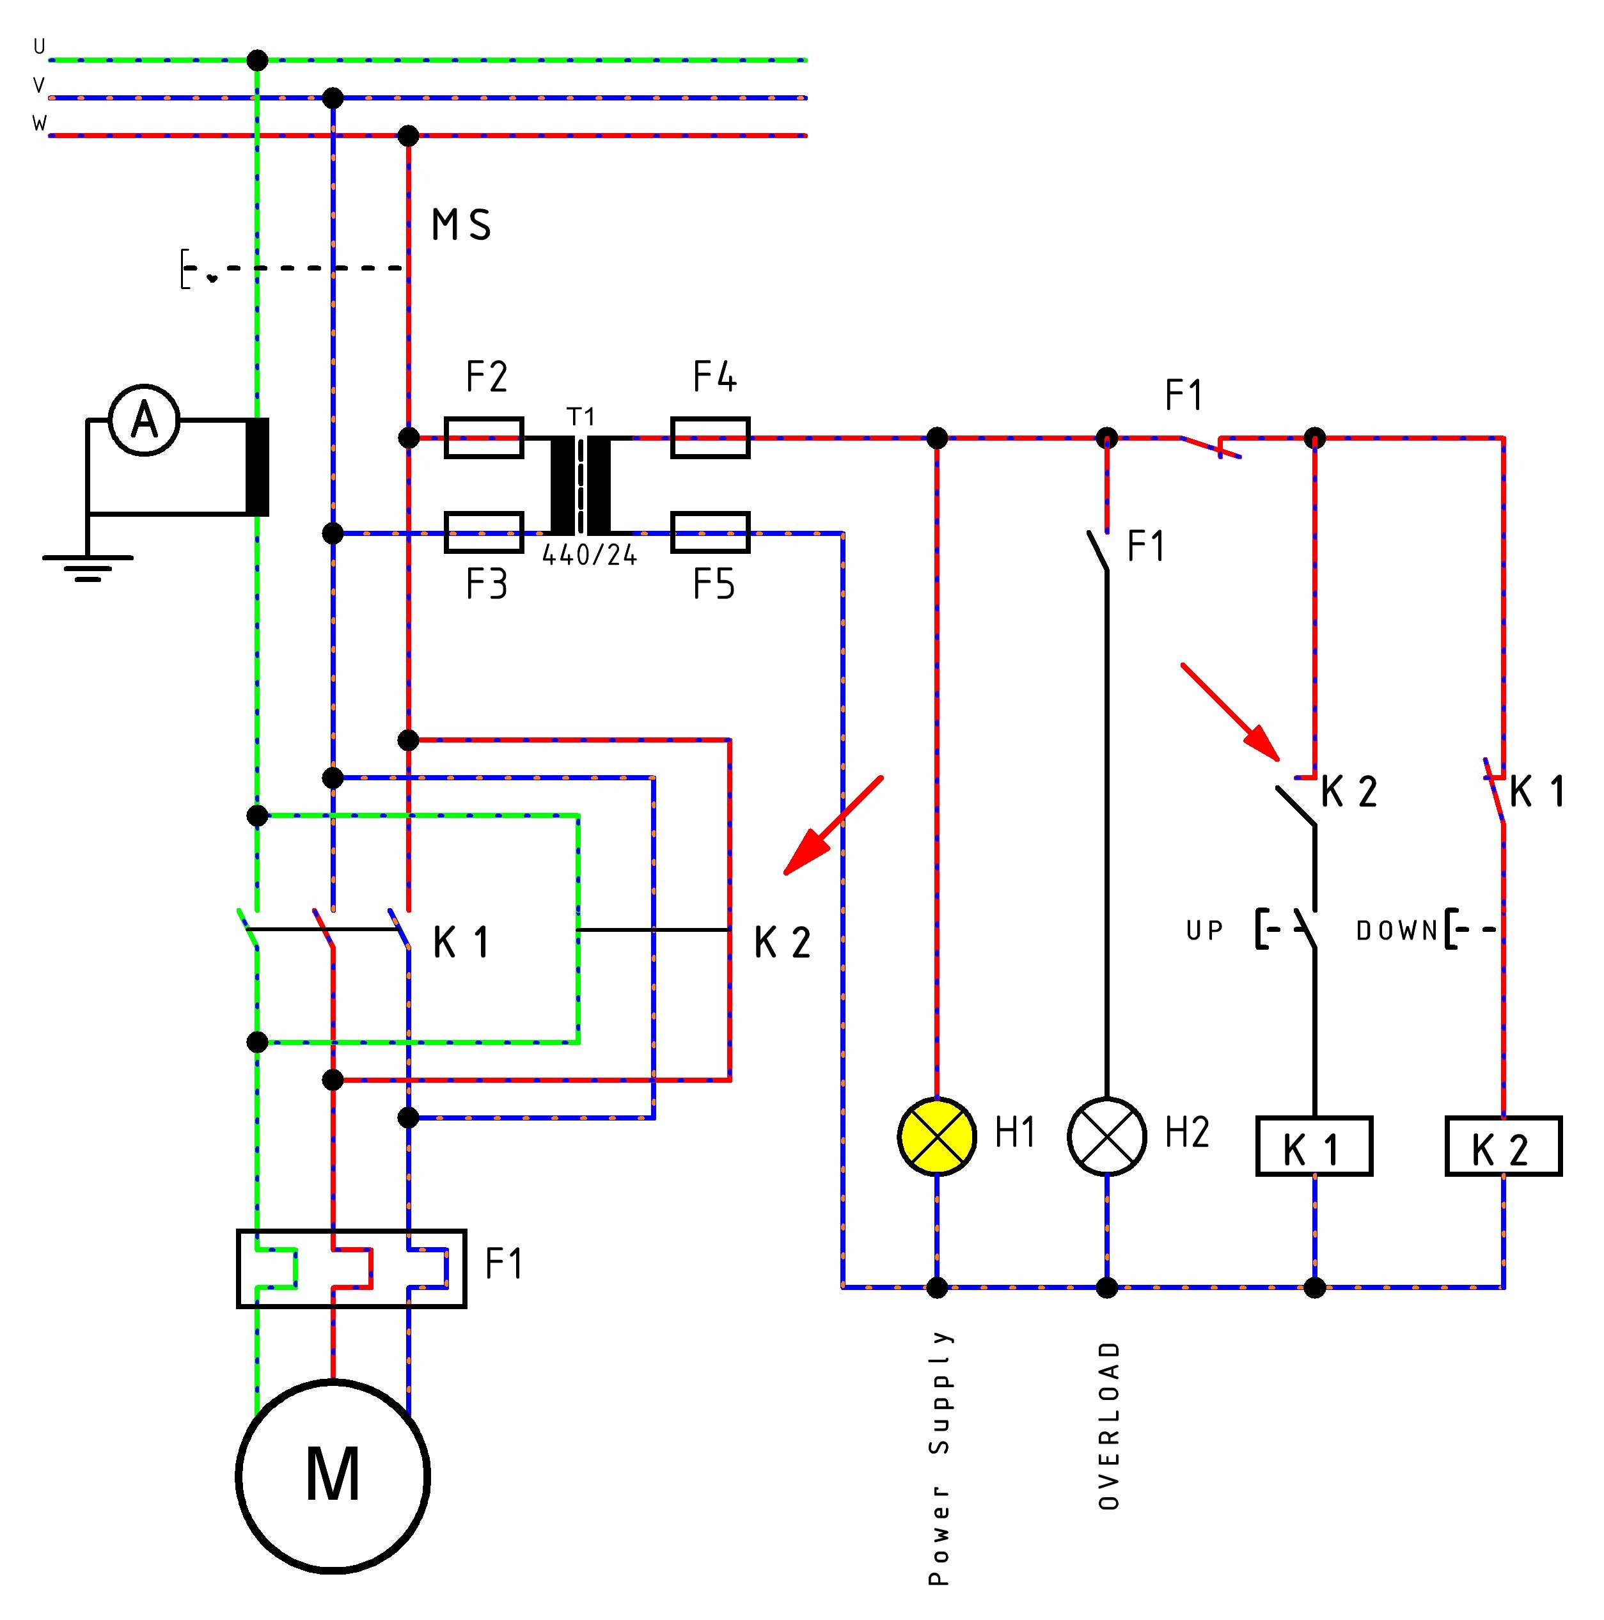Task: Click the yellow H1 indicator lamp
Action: [936, 1136]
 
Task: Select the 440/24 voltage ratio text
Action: [590, 555]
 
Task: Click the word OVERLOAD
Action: [1109, 1426]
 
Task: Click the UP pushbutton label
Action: [1205, 930]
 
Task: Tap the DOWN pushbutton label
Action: [1397, 930]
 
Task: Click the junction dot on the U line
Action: [257, 60]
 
